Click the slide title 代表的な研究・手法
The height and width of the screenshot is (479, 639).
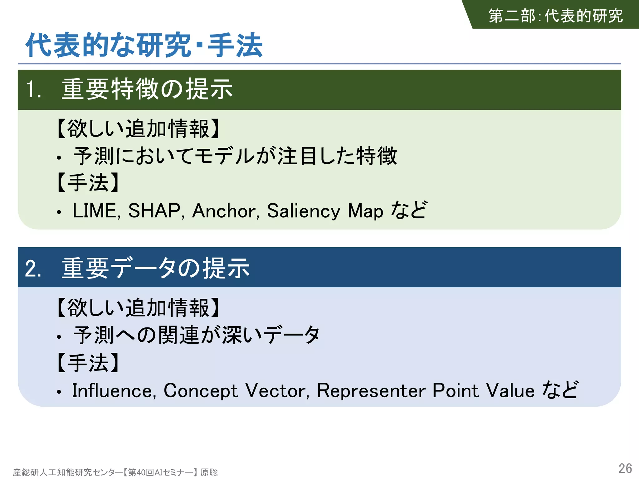point(144,46)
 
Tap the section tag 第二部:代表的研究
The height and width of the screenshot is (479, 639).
point(555,16)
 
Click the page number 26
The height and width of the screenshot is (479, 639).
point(625,468)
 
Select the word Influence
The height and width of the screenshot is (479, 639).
point(114,390)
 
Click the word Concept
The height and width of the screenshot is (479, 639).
point(201,391)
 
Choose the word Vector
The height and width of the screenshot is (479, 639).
point(277,390)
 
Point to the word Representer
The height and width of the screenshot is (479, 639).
point(371,390)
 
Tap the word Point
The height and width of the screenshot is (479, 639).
point(455,390)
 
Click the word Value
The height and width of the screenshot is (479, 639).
point(510,390)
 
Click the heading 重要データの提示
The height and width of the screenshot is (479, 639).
point(156,268)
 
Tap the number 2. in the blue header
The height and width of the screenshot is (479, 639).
point(33,269)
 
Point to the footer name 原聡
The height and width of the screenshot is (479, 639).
point(209,472)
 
